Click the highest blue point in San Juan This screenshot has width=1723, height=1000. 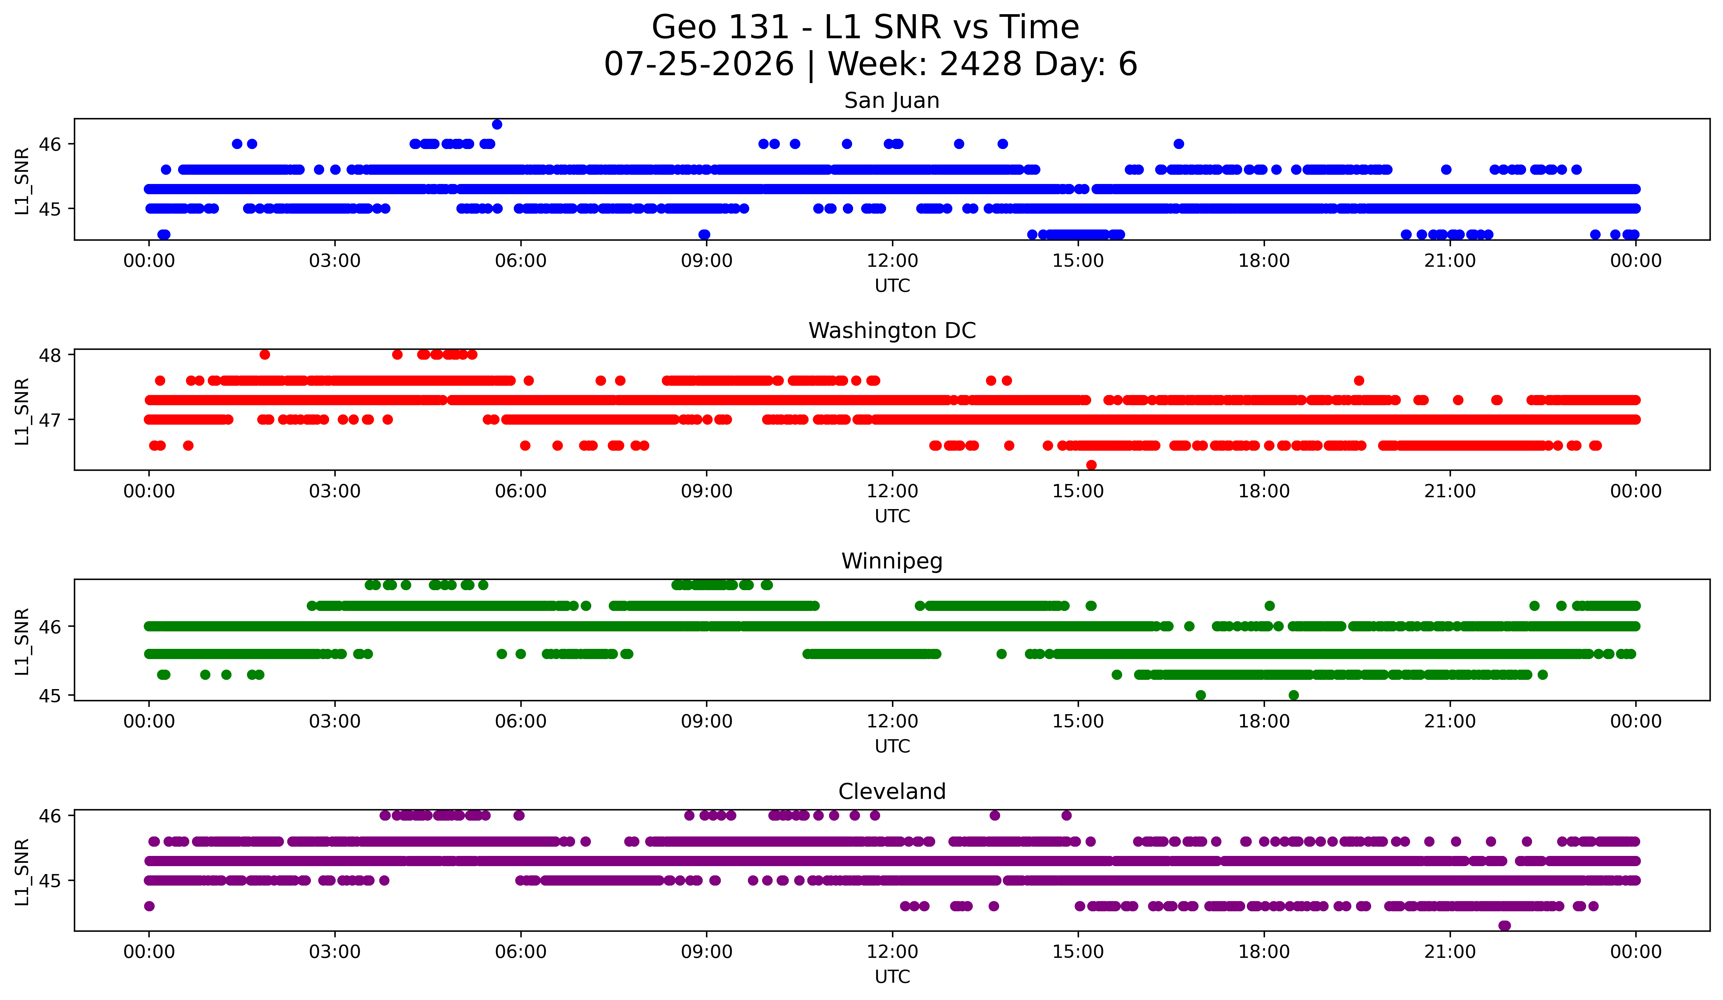point(497,124)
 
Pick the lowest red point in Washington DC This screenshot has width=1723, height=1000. point(1091,465)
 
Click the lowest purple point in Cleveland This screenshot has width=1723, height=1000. point(1504,925)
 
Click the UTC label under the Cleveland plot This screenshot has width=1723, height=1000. point(892,977)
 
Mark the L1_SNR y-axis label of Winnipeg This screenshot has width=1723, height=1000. point(22,641)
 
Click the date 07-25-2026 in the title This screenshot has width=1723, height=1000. point(699,64)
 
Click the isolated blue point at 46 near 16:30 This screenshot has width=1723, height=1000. point(1179,143)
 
